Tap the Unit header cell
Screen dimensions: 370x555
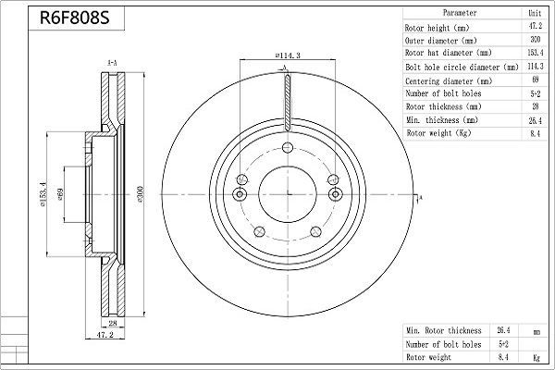coord(533,14)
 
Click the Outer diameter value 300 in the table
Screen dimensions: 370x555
coord(533,42)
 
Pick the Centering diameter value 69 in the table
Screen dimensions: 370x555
coord(533,81)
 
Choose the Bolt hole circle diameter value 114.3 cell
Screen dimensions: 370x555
coord(533,68)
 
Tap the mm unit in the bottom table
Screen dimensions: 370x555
coord(535,330)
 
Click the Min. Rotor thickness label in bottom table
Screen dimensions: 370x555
coord(444,330)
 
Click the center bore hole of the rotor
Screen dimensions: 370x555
coord(287,194)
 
